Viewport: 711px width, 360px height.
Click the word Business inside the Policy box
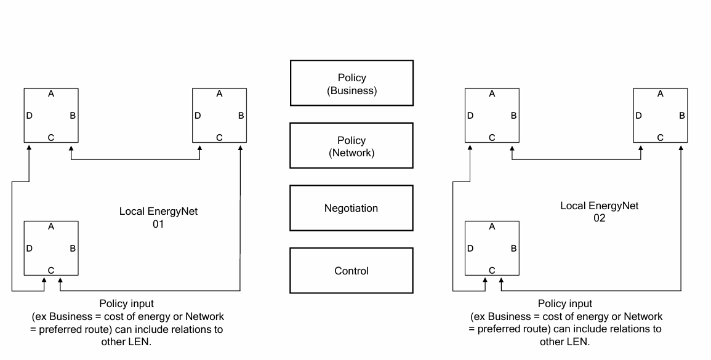click(x=352, y=90)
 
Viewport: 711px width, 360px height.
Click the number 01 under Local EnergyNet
click(x=158, y=224)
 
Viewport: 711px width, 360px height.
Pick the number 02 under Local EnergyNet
click(x=600, y=218)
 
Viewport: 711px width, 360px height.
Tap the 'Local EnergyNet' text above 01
click(x=158, y=211)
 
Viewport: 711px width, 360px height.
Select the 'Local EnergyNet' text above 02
click(x=600, y=206)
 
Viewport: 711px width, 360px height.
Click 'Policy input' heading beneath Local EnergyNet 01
click(x=127, y=304)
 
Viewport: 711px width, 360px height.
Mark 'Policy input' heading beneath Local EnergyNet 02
click(x=565, y=304)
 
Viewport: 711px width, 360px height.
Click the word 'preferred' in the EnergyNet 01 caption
click(x=57, y=330)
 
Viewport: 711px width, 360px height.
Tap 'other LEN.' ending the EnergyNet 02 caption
click(x=565, y=342)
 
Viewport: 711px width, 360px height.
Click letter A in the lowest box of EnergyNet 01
click(x=50, y=226)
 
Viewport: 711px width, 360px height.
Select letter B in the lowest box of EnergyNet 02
click(x=514, y=249)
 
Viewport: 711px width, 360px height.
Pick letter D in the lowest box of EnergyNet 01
click(x=30, y=249)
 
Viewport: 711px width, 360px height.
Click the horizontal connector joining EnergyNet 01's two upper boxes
click(x=135, y=159)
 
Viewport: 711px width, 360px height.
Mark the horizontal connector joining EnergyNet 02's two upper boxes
click(x=576, y=159)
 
